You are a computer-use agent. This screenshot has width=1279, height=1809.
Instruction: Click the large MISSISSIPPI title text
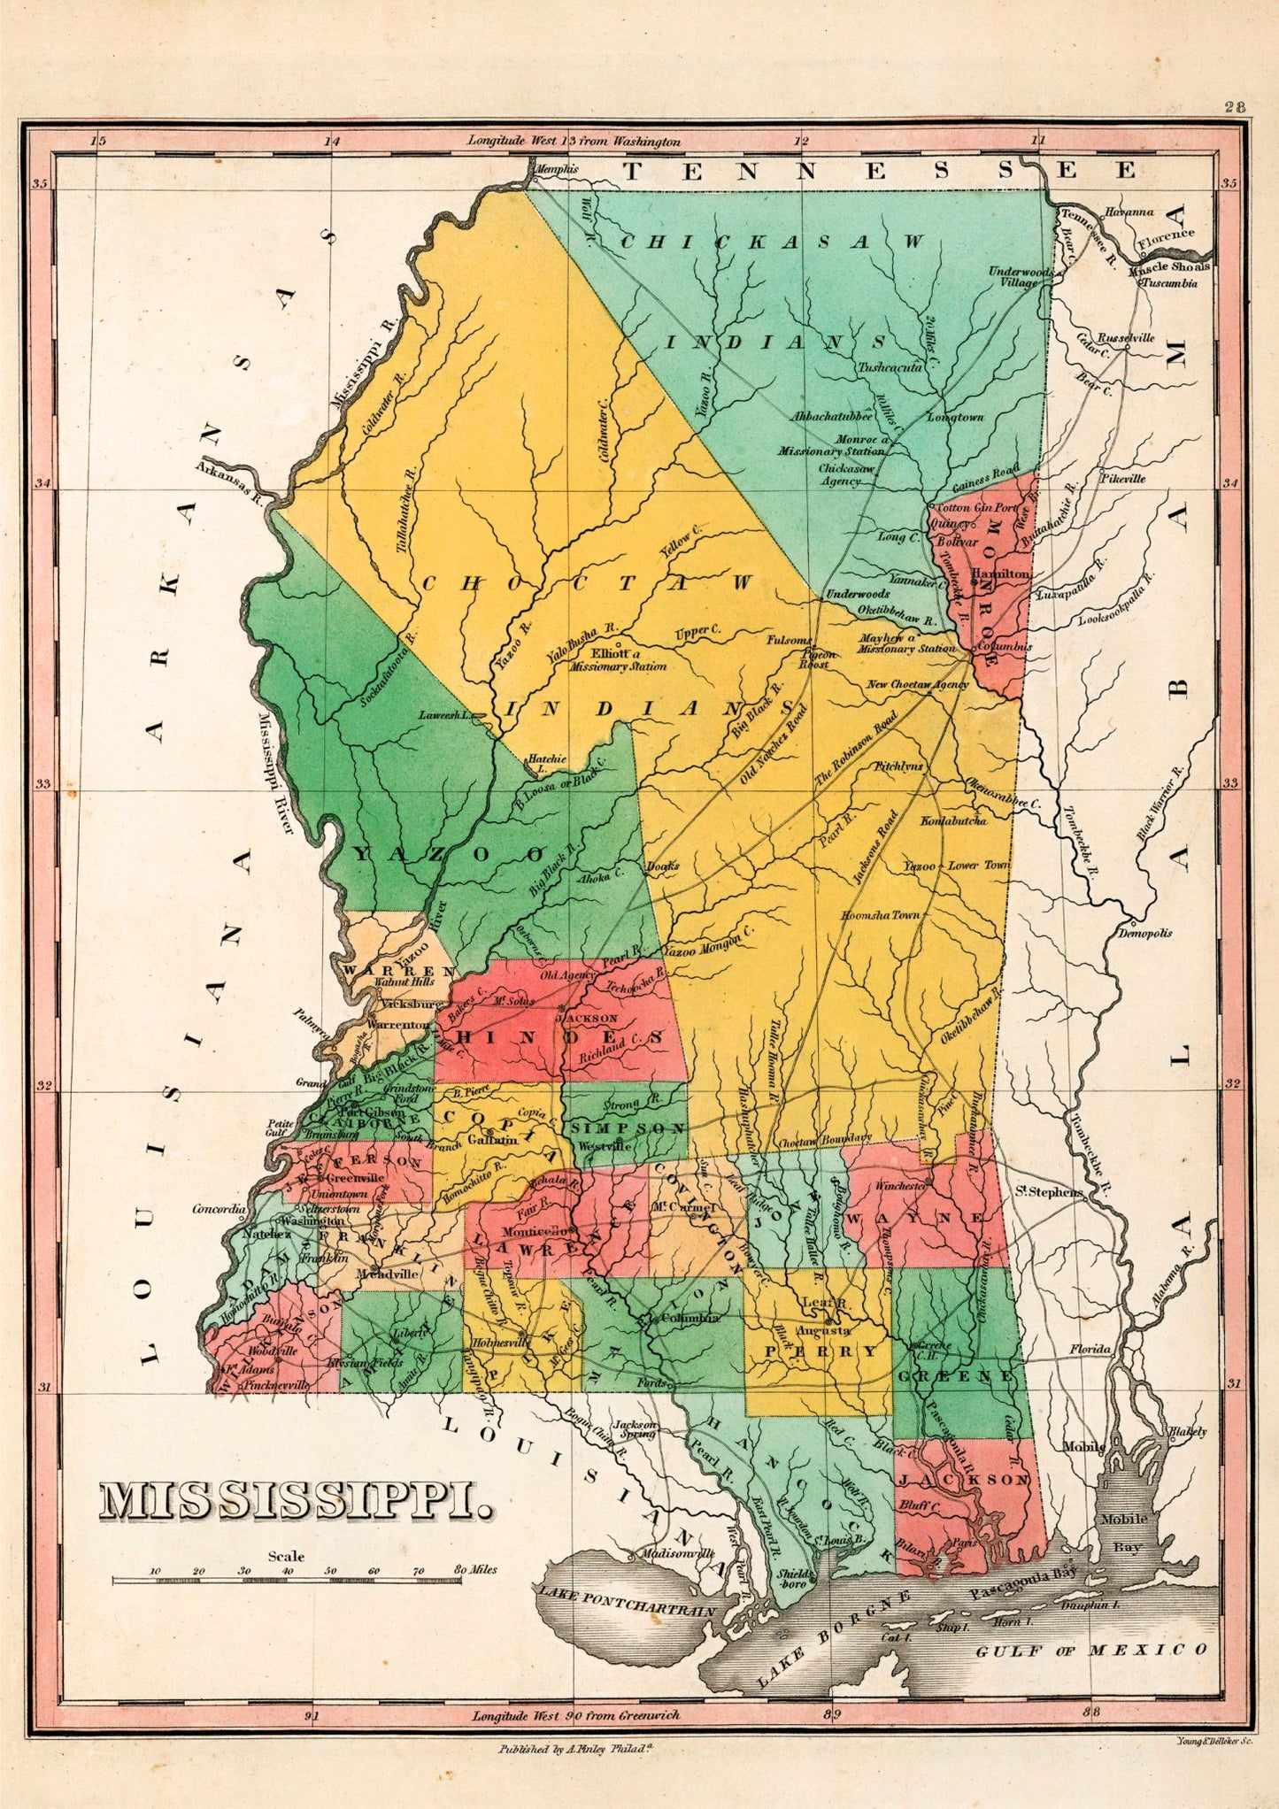297,1502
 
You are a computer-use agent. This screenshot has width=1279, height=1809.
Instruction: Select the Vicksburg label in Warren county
410,1005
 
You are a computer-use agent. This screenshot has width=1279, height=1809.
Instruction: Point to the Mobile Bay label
1123,1532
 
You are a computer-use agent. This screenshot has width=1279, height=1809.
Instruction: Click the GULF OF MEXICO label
1091,1650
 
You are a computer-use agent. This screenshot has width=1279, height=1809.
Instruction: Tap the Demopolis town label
1145,933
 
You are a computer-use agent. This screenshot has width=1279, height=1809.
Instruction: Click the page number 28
1236,107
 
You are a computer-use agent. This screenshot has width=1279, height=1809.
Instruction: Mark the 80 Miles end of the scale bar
475,1569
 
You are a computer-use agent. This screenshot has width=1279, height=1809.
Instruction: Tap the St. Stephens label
1049,1191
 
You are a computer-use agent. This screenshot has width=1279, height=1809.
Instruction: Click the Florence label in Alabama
1166,237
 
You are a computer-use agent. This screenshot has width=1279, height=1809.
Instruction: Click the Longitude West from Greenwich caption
575,1714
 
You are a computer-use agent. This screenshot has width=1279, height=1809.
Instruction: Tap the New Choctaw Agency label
917,684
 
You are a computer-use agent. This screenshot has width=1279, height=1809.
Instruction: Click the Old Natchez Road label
773,745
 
